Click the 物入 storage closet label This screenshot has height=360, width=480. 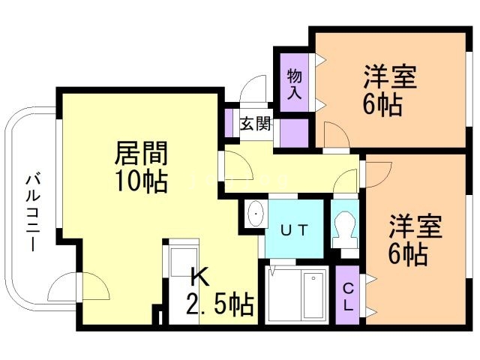294,84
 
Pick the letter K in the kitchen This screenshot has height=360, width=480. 198,277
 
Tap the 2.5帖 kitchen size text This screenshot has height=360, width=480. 219,304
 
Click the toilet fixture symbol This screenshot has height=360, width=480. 345,225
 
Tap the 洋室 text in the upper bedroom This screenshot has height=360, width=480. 390,78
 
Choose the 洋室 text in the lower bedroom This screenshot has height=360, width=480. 415,227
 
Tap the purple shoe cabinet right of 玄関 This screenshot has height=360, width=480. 293,131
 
